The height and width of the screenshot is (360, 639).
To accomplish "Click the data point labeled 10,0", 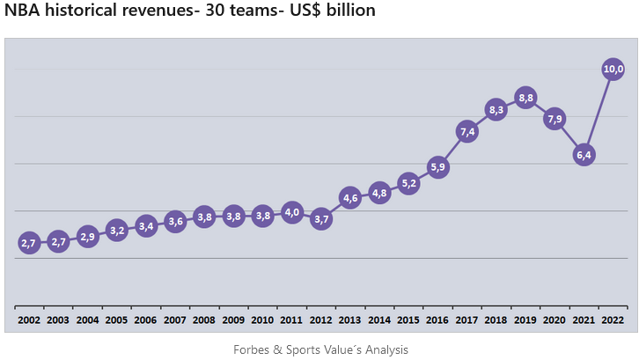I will tap(613, 69).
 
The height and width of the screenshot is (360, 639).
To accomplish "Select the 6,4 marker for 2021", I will tap(584, 155).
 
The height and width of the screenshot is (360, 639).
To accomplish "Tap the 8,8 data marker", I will tap(525, 98).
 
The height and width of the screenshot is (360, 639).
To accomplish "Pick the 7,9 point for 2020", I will tap(555, 119).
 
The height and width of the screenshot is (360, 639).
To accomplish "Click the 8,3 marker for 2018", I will tap(496, 110).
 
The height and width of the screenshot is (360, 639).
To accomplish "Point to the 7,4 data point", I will tap(466, 131).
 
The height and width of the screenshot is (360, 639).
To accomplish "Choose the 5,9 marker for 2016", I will tap(437, 166).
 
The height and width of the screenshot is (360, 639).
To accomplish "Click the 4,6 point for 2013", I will tap(350, 197).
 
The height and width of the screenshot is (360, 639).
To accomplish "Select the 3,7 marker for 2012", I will tap(321, 219).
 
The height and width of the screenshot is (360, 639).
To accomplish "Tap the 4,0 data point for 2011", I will tap(292, 212).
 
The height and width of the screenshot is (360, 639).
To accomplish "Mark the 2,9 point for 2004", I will tap(88, 236).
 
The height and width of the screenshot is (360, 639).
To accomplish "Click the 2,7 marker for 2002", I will tap(29, 243).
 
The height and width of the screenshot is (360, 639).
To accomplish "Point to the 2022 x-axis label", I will tap(613, 320).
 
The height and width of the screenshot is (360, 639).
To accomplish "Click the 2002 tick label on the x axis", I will tap(29, 320).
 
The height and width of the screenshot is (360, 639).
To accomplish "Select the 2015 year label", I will tap(408, 320).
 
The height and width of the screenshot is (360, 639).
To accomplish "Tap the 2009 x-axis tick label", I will tap(233, 320).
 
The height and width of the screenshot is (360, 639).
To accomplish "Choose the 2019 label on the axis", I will tap(525, 320).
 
